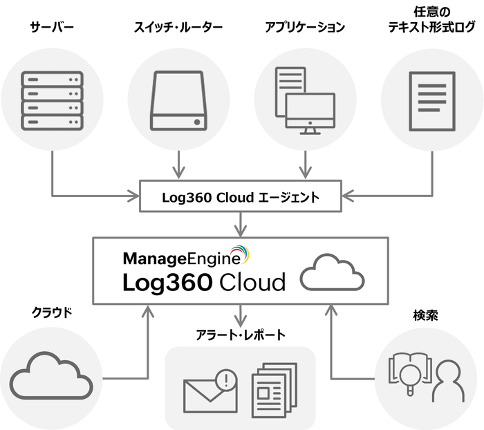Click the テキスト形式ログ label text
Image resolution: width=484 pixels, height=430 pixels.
[431, 29]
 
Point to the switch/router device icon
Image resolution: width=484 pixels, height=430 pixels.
[178, 102]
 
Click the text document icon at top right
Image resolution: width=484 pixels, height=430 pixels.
[431, 101]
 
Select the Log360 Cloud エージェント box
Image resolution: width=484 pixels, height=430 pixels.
[241, 197]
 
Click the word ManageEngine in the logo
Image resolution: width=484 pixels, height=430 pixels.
[181, 259]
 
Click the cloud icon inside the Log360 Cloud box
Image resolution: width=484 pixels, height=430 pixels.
[332, 274]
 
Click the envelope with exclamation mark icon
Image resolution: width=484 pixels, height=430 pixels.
[210, 391]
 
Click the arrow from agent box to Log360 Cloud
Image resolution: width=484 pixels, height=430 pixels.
[241, 222]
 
